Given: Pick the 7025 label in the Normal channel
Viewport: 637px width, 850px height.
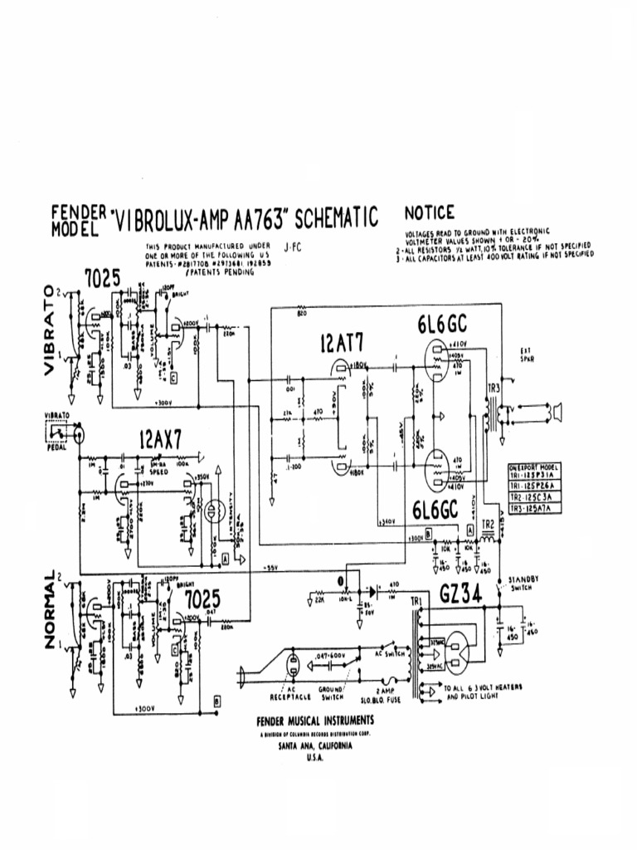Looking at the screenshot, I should [x=203, y=598].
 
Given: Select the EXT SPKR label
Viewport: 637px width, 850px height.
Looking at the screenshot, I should [x=526, y=354].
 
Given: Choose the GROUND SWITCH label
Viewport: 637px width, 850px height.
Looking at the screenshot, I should [x=331, y=693].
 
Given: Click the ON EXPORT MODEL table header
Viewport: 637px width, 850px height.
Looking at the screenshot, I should [x=535, y=469].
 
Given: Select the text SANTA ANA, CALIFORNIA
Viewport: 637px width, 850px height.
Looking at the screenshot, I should [x=314, y=746].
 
